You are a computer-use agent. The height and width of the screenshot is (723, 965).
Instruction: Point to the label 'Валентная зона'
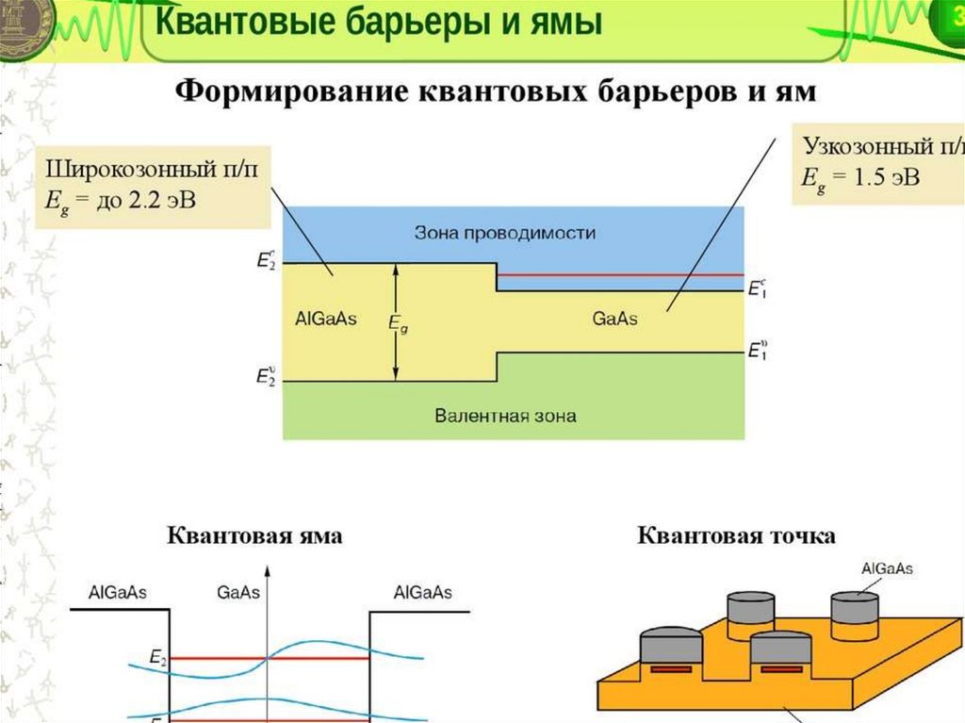[506, 415]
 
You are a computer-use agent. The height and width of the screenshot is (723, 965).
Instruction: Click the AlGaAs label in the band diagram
[325, 319]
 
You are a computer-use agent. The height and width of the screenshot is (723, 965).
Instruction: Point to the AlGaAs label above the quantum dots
[887, 568]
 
